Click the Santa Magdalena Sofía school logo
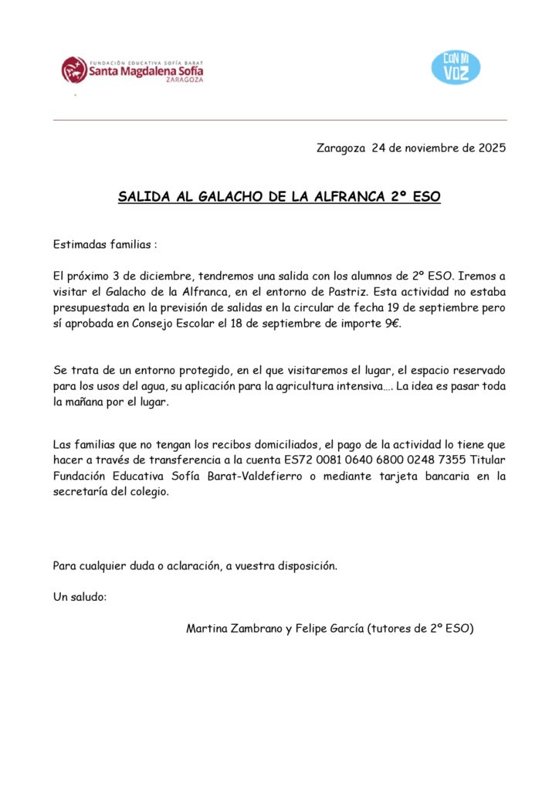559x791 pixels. pos(132,70)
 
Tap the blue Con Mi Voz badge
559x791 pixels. pos(456,67)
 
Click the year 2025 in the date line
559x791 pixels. pos(491,148)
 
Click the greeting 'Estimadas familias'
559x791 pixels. pos(104,244)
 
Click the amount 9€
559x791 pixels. pos(392,324)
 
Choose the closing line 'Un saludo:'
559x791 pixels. pos(80,597)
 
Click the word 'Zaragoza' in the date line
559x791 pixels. pos(340,148)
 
